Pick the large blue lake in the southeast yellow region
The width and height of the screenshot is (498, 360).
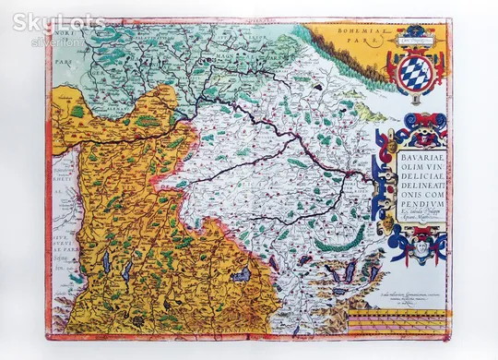[241, 275]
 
